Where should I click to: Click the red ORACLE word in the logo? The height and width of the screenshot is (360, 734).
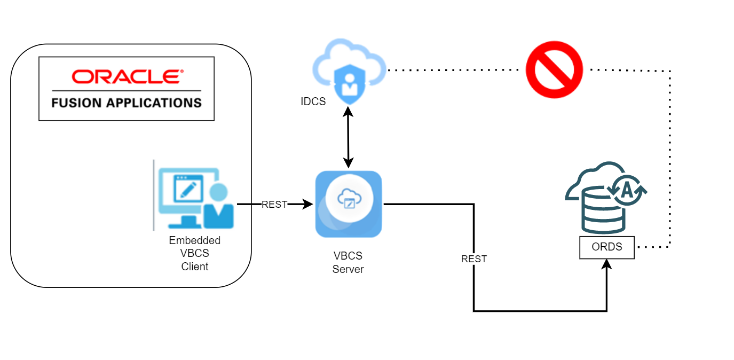127,77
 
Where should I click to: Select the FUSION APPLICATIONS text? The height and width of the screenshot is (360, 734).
127,102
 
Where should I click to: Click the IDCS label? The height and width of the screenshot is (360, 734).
313,101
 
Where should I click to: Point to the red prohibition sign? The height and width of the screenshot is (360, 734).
554,69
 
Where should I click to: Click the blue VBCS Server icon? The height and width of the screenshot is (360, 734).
349,204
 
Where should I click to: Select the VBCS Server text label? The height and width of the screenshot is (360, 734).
348,263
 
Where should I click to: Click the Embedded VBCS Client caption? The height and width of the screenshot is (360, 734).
195,253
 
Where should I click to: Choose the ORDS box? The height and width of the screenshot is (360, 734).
607,248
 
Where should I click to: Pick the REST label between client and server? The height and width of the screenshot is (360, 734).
274,204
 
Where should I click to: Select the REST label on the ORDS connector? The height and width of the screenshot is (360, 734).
474,259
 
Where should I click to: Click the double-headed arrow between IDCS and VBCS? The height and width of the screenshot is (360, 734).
349,137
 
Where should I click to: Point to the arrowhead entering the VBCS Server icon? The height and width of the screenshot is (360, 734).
309,204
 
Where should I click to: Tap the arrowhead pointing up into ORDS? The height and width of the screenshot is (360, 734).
607,264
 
